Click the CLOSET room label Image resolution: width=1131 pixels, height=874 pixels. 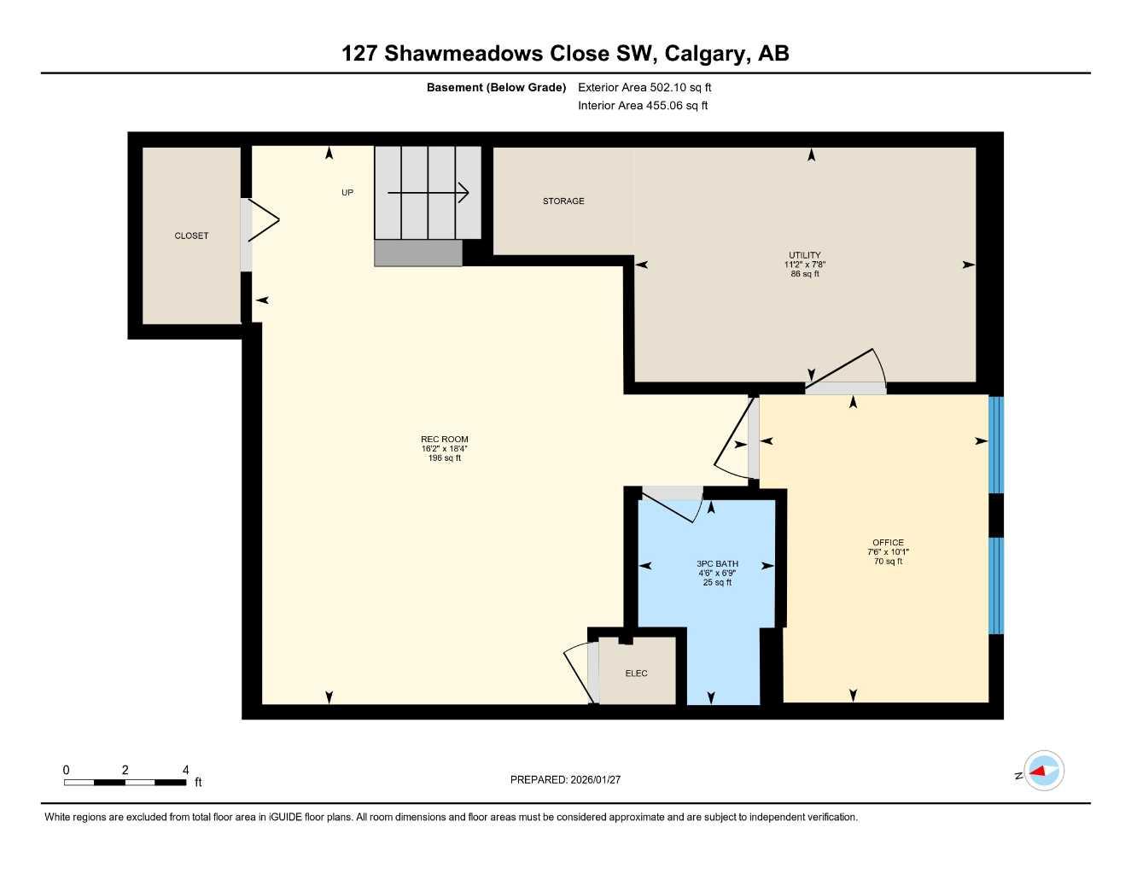tap(191, 236)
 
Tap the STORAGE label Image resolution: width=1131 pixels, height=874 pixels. tap(563, 201)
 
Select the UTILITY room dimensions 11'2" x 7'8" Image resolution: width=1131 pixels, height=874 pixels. tap(804, 265)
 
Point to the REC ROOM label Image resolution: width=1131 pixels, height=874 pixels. tap(444, 440)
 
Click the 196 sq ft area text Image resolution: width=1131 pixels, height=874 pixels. tap(444, 458)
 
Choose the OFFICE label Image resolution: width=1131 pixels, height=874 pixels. tap(888, 543)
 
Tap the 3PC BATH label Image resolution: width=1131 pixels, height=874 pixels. tap(717, 564)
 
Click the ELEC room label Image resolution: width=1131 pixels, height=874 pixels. tap(636, 673)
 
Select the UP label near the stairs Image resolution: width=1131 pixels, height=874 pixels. tap(347, 193)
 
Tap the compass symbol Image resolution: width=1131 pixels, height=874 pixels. tap(1043, 772)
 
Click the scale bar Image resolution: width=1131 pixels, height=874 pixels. tap(125, 782)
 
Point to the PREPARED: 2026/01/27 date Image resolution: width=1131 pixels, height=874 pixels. tap(565, 779)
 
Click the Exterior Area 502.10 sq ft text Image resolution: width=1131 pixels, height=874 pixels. tap(644, 87)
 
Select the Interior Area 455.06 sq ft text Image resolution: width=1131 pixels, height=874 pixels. tap(643, 106)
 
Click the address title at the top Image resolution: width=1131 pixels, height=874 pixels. tap(565, 53)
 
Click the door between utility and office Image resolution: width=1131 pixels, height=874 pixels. tap(845, 376)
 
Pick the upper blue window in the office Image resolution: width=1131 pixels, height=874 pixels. tap(995, 445)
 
